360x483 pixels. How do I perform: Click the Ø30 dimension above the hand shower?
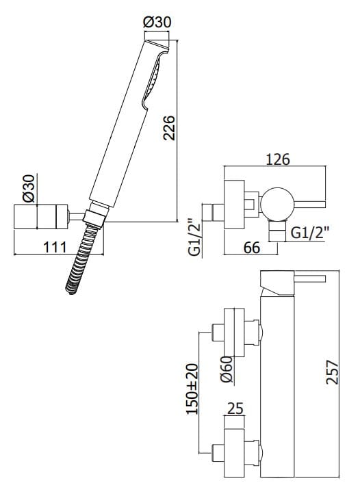(157, 22)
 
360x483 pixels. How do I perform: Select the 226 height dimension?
(170, 128)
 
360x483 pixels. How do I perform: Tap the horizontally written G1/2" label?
(310, 233)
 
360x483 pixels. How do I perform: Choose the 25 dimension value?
(235, 408)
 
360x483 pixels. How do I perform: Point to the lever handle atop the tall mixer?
(301, 279)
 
